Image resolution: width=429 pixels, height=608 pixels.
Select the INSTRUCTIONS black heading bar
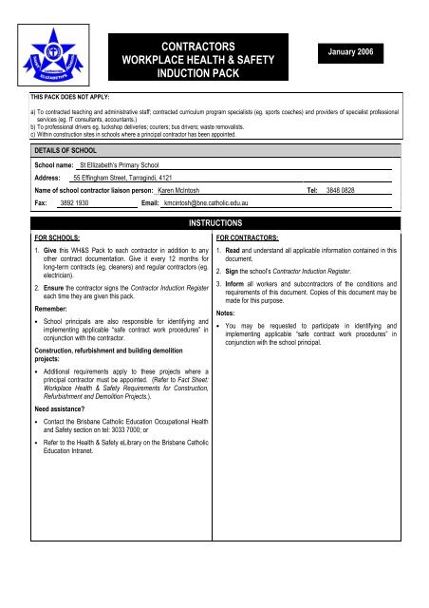214,220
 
